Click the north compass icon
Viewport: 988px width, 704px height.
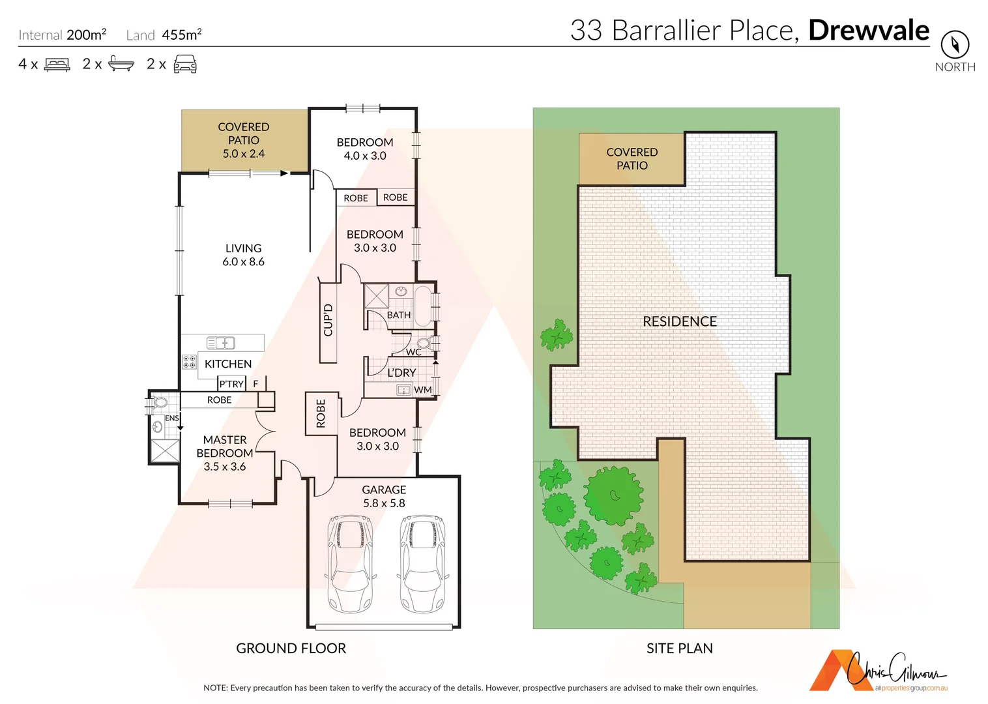point(955,45)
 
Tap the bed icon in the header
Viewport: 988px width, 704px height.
point(57,65)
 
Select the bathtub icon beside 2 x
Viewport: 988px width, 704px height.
point(121,64)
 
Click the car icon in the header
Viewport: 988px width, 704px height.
point(185,64)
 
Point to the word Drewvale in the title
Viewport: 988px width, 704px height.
point(869,31)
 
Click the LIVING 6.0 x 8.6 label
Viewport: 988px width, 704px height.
point(243,255)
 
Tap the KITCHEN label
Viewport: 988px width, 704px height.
point(228,364)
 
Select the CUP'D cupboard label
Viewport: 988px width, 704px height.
point(328,320)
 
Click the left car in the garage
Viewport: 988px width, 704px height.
point(351,563)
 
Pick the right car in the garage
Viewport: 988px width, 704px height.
point(422,563)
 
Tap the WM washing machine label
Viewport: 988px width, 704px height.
point(422,390)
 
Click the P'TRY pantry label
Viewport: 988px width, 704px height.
point(231,384)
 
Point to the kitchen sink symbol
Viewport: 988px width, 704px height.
point(221,343)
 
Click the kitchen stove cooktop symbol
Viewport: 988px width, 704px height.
point(189,362)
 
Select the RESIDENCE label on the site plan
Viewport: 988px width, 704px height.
point(680,321)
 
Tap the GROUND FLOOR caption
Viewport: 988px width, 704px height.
point(291,648)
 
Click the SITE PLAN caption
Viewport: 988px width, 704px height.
point(679,648)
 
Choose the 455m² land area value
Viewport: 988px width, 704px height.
point(181,35)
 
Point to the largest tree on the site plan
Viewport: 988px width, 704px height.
point(613,496)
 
